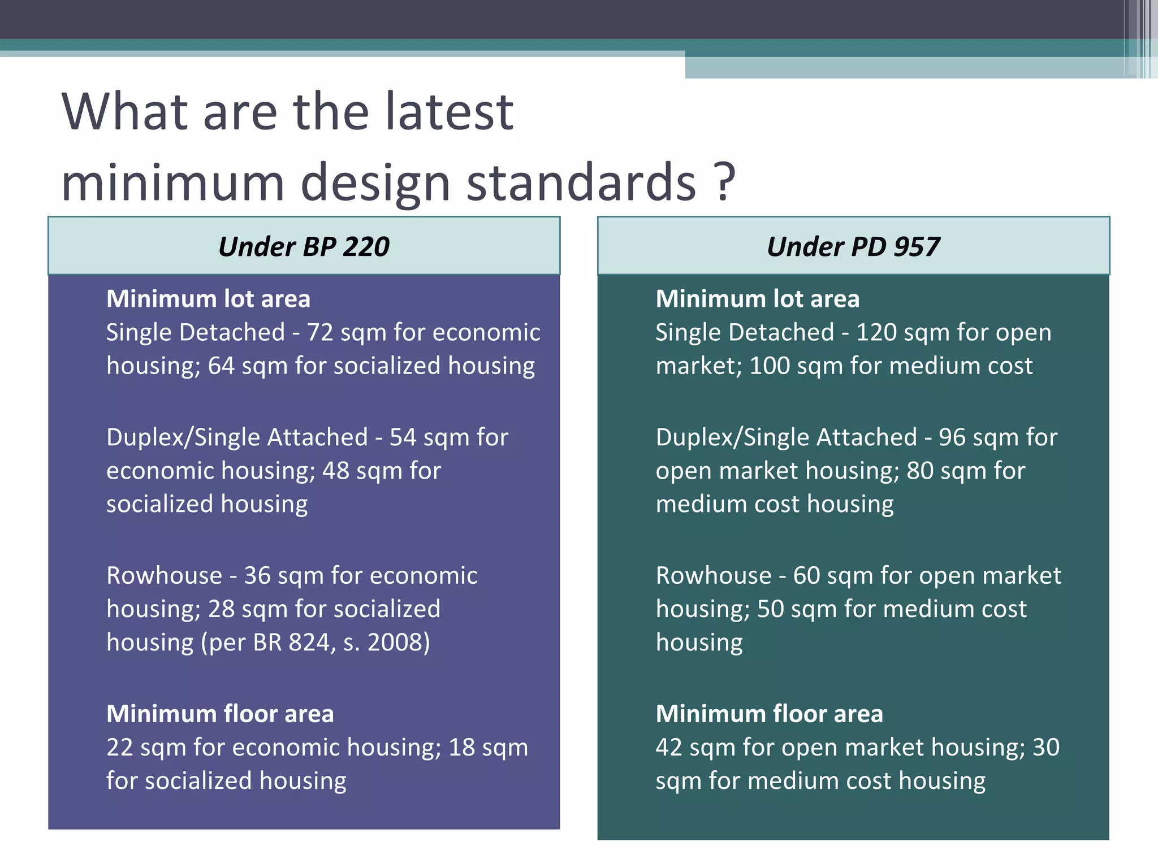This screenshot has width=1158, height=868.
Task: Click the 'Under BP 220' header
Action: [304, 247]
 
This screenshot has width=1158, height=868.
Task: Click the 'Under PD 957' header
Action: [853, 247]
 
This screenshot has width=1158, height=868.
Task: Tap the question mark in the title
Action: [724, 182]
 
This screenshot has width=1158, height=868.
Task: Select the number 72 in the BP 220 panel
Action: [320, 332]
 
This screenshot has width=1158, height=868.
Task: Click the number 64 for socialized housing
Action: [221, 366]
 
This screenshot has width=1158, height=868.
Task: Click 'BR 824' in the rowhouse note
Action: [293, 643]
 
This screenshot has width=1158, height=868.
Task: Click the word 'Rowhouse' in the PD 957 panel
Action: [714, 576]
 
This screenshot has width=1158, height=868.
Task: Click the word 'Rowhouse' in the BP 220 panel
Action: [165, 576]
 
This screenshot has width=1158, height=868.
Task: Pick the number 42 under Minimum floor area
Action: [669, 748]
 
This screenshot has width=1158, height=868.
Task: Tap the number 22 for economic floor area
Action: [119, 748]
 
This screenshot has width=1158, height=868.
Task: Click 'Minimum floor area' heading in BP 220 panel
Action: [220, 714]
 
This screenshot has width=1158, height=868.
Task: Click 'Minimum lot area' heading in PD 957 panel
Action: [757, 299]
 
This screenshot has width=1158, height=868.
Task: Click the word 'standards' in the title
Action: [581, 182]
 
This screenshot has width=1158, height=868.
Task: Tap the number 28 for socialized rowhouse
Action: [221, 609]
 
